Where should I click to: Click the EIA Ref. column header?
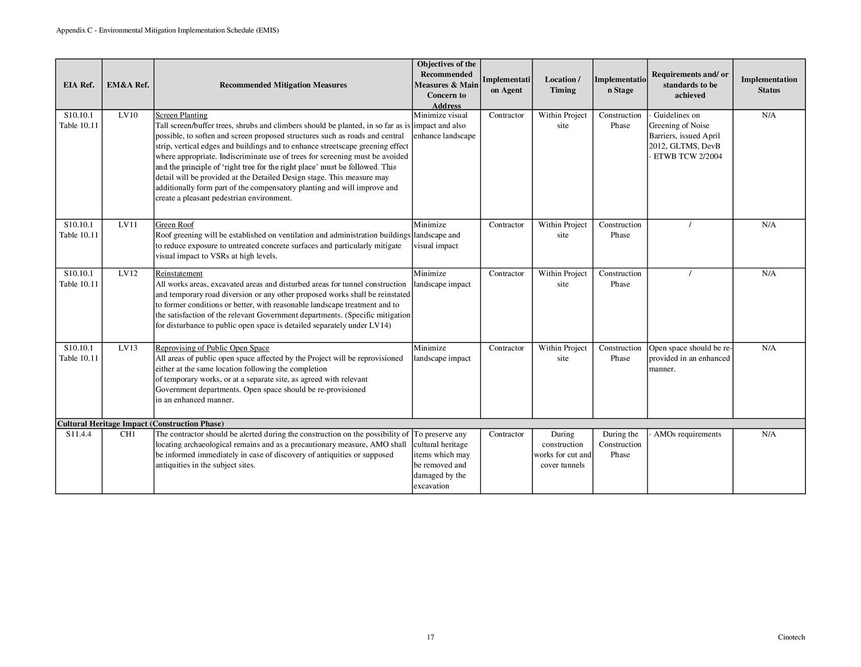click(x=79, y=85)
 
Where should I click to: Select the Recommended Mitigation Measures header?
click(x=283, y=85)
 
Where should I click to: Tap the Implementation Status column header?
click(x=769, y=85)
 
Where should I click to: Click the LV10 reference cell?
click(x=128, y=115)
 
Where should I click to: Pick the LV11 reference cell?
click(x=128, y=225)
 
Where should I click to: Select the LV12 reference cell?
click(x=128, y=274)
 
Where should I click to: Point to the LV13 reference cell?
click(x=128, y=348)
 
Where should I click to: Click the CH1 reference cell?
click(x=128, y=434)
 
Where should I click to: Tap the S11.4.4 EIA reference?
click(x=79, y=434)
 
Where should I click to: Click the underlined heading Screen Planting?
click(x=181, y=115)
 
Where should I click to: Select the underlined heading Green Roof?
click(x=175, y=225)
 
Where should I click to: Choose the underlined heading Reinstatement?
click(x=179, y=274)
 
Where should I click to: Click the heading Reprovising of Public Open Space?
click(x=212, y=348)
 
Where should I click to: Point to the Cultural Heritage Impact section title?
click(x=140, y=424)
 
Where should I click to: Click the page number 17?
click(x=430, y=637)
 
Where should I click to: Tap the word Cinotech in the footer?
click(x=791, y=637)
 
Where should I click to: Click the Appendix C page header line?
click(x=167, y=30)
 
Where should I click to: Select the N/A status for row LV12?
click(x=769, y=274)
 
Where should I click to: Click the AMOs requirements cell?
click(x=687, y=434)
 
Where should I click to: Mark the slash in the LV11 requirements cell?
click(x=690, y=225)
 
